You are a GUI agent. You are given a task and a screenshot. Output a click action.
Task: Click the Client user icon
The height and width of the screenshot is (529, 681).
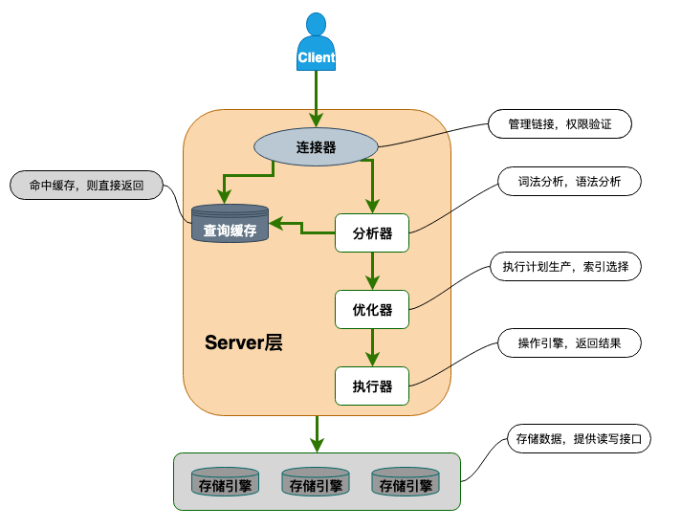tap(316, 43)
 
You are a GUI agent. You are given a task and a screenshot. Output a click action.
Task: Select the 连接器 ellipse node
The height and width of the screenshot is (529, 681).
tap(315, 146)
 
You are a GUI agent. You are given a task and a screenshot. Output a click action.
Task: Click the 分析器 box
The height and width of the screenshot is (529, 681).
tap(372, 232)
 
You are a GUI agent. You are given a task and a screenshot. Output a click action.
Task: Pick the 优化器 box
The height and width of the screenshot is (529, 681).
tap(372, 309)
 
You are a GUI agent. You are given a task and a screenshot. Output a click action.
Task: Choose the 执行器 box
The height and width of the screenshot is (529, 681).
tap(372, 386)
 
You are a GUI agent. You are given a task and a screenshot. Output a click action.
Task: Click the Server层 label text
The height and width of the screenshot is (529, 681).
tap(243, 343)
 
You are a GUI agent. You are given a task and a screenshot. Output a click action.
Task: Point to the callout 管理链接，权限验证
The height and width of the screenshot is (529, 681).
tap(560, 124)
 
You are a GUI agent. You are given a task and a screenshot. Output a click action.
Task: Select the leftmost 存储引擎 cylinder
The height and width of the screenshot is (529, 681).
tap(225, 482)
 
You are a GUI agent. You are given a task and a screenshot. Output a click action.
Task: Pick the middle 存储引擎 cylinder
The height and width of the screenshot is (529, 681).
tap(315, 482)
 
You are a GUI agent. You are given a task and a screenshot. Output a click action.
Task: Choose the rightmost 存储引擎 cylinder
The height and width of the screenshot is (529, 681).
tap(405, 482)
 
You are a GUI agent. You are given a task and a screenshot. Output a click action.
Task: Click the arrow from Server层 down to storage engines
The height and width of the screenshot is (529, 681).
tap(316, 433)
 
